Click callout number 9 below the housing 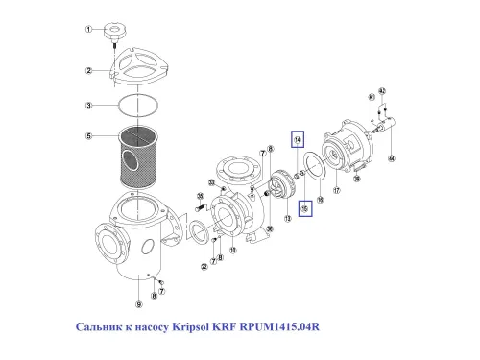click(139, 305)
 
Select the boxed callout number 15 click(303, 206)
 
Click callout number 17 click(337, 190)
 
